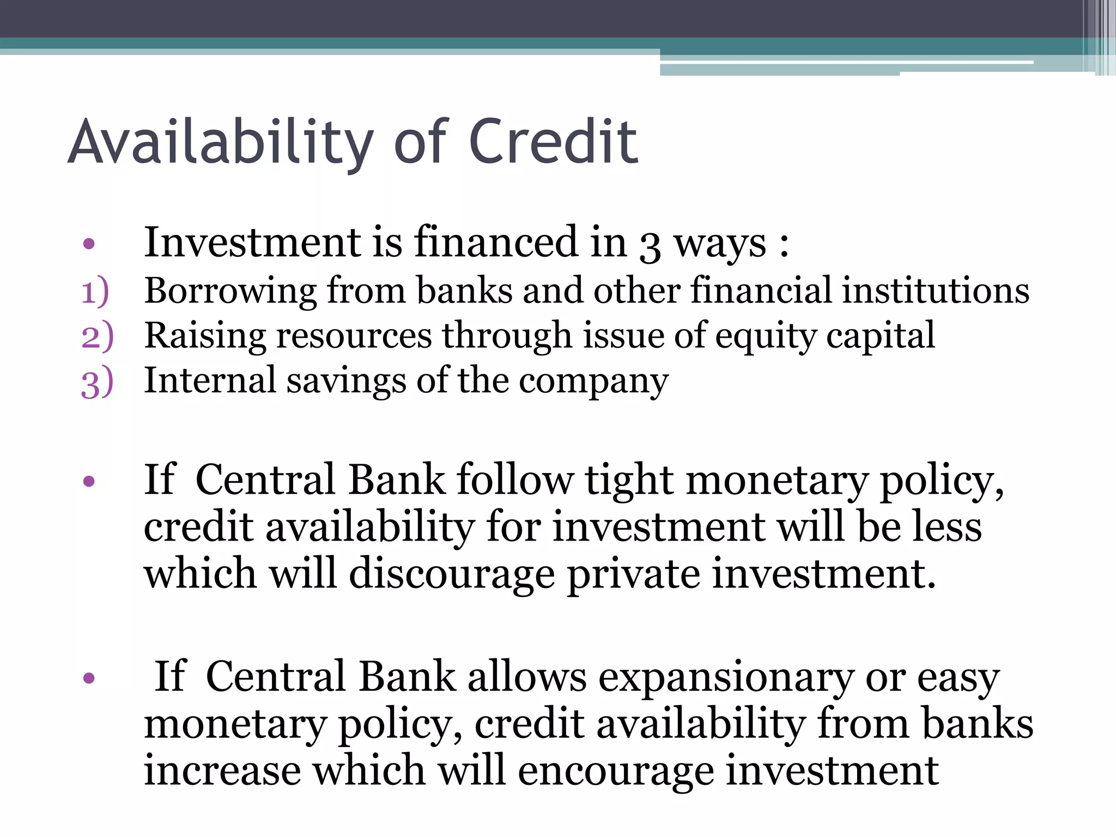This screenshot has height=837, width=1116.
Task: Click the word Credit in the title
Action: pyautogui.click(x=553, y=142)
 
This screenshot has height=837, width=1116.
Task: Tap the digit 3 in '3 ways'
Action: pyautogui.click(x=649, y=245)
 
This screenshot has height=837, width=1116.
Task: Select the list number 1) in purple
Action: pyautogui.click(x=95, y=292)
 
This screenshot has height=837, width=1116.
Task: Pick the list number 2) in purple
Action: pyautogui.click(x=97, y=336)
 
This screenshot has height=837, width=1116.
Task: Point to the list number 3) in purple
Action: pyautogui.click(x=97, y=381)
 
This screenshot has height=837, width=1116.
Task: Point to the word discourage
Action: pyautogui.click(x=452, y=575)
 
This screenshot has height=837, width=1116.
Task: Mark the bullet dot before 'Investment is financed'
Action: pyautogui.click(x=89, y=244)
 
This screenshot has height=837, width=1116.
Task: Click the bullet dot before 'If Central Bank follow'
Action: pyautogui.click(x=89, y=481)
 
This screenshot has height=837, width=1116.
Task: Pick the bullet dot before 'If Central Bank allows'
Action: pyautogui.click(x=89, y=678)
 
